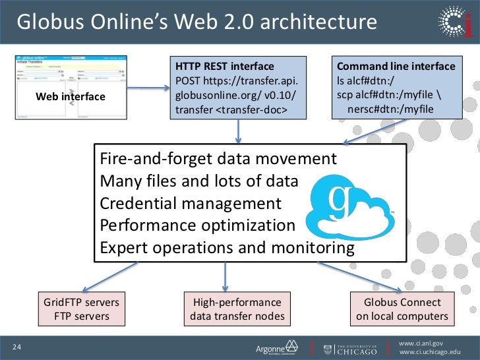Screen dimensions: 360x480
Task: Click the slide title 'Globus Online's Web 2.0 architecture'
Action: tap(196, 22)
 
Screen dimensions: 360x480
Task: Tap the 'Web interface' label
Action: tap(71, 97)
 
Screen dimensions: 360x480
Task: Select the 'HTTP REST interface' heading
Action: tap(224, 66)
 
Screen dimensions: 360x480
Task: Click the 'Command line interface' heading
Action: tap(396, 66)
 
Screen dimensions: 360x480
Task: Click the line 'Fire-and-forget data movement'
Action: tap(218, 159)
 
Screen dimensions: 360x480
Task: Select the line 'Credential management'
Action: tap(191, 204)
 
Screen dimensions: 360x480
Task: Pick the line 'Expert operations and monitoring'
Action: tap(227, 248)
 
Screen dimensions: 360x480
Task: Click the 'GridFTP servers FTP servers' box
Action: tap(81, 309)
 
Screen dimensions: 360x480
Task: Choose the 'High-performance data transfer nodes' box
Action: tap(237, 309)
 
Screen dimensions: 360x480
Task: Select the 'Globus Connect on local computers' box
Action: tap(402, 309)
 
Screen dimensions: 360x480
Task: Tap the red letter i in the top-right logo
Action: tap(467, 26)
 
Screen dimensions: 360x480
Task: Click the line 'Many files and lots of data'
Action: tap(198, 181)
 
